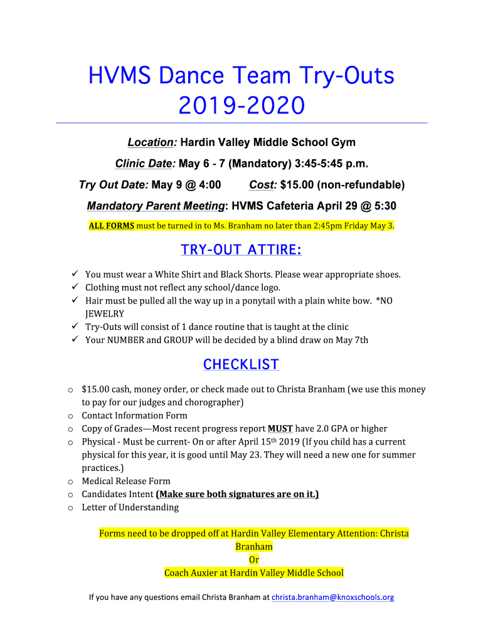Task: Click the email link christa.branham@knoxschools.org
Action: click(x=332, y=597)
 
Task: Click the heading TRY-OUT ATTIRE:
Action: click(x=242, y=250)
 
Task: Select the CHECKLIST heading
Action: click(x=242, y=365)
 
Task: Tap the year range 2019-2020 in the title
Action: click(x=242, y=105)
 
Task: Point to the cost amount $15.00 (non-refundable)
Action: click(x=342, y=185)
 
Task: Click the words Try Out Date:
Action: click(x=114, y=185)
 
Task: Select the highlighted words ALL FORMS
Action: click(x=111, y=226)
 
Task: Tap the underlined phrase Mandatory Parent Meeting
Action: click(x=156, y=206)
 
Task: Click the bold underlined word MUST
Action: click(x=280, y=429)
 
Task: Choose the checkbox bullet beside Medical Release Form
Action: click(x=70, y=481)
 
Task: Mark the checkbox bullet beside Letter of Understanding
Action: click(x=70, y=508)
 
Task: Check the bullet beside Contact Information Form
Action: click(x=70, y=416)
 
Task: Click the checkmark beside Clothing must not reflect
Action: click(x=74, y=288)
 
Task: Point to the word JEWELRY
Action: click(x=105, y=314)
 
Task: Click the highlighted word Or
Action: click(x=254, y=560)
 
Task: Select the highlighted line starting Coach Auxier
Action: click(x=254, y=573)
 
